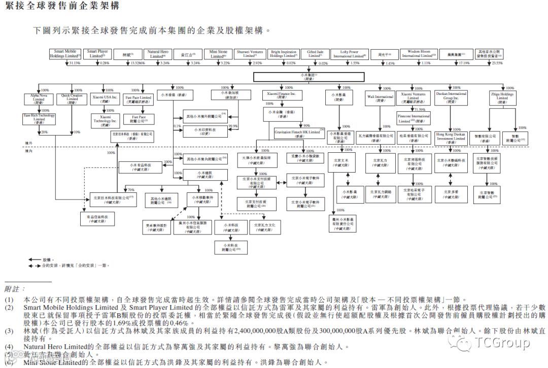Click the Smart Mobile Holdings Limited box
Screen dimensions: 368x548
tap(65, 54)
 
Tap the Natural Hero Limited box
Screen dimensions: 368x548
tap(158, 54)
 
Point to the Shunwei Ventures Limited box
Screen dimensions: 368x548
tap(250, 54)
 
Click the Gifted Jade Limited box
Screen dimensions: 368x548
tap(315, 54)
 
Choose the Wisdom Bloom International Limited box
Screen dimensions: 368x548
tap(419, 54)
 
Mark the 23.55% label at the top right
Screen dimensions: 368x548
tap(496, 63)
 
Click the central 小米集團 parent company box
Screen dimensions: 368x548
tap(309, 77)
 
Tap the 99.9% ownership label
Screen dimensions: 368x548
tap(234, 125)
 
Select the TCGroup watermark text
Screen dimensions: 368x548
tap(502, 344)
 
